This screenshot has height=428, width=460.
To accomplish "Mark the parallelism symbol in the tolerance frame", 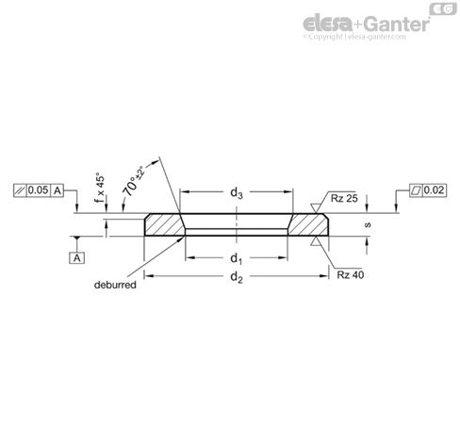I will click(x=21, y=190).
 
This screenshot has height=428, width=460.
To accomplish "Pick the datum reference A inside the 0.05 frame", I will click(x=58, y=190).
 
